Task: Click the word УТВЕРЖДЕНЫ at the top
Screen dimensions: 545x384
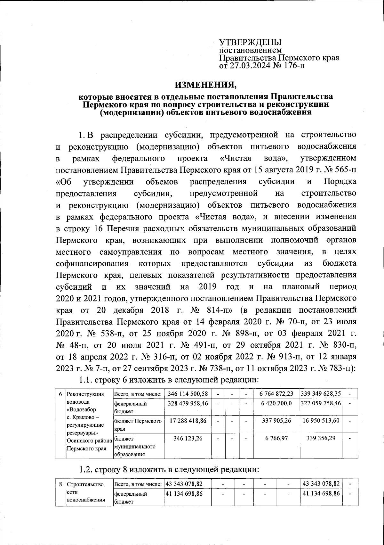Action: [250, 42]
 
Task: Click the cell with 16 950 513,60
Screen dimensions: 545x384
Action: [321, 421]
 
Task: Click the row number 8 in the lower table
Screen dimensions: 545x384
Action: [60, 484]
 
